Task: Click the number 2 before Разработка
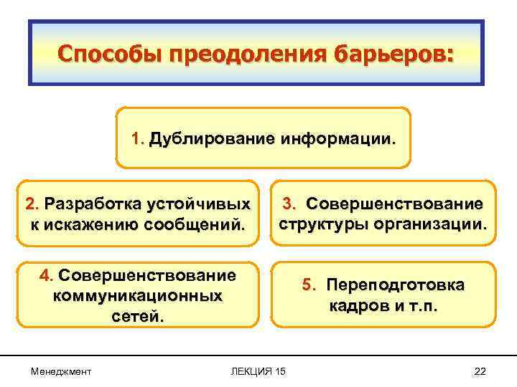point(31,205)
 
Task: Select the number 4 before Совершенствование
point(44,275)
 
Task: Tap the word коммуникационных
point(137,295)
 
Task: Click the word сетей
point(136,315)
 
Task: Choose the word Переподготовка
point(395,285)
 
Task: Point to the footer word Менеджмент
point(61,370)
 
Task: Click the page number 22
point(480,370)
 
